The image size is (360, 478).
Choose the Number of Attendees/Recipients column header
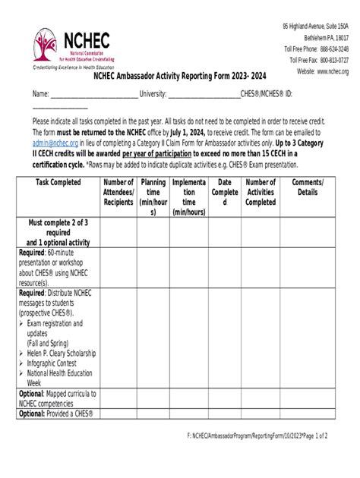point(118,193)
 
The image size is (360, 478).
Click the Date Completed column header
point(225,193)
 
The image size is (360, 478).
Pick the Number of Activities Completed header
point(261,193)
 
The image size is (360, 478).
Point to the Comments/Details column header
point(307,187)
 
